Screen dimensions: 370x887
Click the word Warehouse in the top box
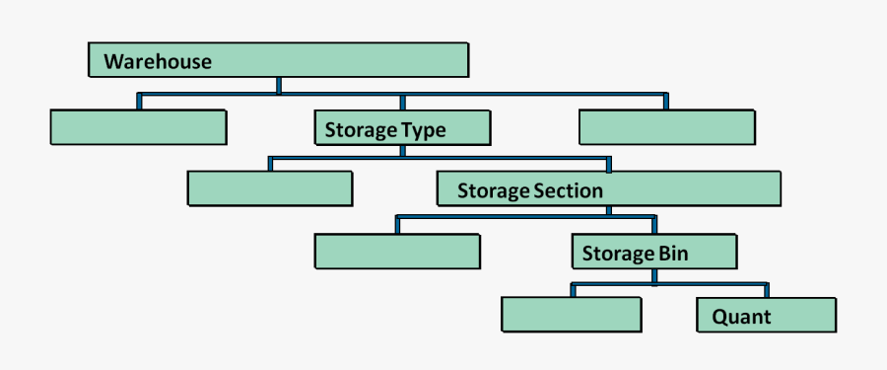[158, 61]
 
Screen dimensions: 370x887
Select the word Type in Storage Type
[423, 129]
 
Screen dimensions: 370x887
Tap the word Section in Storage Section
[566, 190]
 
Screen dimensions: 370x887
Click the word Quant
[741, 317]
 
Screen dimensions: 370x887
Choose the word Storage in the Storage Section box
[493, 190]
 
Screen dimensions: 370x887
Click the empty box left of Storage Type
[137, 127]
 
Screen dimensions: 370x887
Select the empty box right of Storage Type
[667, 127]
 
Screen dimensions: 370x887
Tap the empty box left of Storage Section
[269, 188]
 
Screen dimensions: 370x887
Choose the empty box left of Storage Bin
[397, 251]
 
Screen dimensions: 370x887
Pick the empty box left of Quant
[572, 314]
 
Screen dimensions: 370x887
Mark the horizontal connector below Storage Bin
[669, 284]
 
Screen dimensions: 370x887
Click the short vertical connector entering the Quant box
[766, 290]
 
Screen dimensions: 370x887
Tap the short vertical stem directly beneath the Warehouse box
[279, 85]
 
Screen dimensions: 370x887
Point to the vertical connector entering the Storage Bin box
[653, 226]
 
